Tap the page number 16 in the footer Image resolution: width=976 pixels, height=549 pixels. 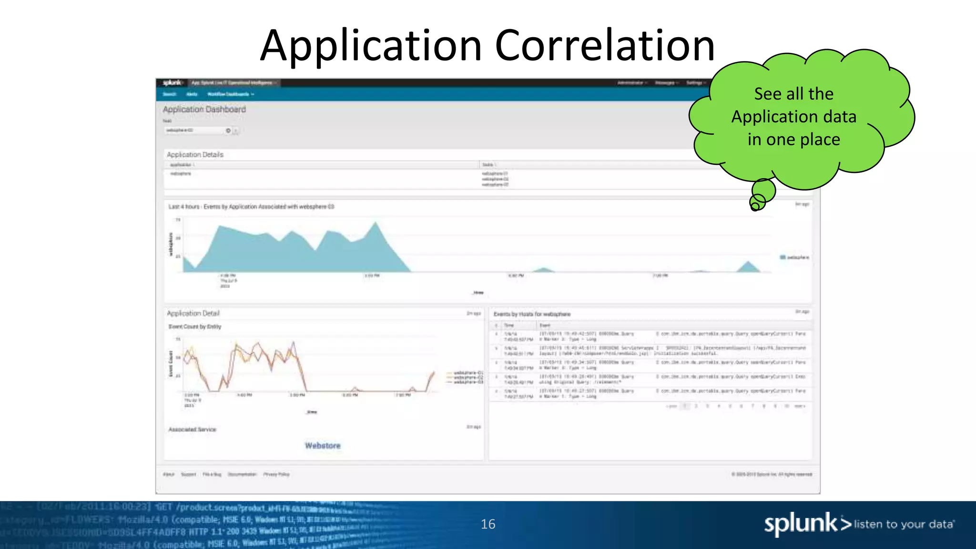[x=488, y=524]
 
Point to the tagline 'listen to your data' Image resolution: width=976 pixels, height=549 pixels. [x=904, y=524]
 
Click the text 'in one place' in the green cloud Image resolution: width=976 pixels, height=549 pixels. [x=793, y=140]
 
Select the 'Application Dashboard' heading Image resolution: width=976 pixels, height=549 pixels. [x=204, y=109]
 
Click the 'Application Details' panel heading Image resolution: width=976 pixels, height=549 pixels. [x=194, y=154]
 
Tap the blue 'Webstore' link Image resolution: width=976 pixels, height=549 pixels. [x=323, y=446]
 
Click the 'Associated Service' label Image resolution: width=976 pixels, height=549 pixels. [x=192, y=429]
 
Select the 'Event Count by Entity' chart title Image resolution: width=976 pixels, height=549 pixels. [x=194, y=326]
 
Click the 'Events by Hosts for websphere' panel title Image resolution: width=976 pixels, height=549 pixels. [x=532, y=314]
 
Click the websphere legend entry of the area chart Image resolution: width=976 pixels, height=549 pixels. [x=794, y=257]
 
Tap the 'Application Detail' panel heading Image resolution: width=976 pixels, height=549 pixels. [x=193, y=313]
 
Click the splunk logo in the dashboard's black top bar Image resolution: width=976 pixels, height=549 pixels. [x=172, y=83]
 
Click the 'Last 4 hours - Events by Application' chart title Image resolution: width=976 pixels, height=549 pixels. [x=251, y=207]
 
